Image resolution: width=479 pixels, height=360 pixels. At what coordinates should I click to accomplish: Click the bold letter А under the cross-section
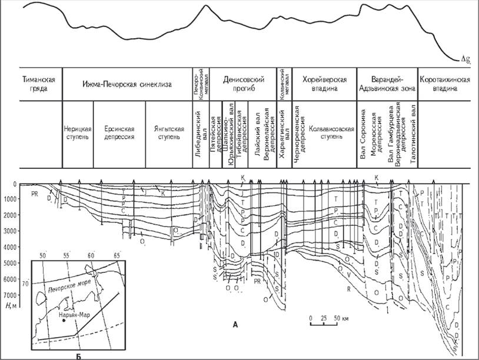(235, 324)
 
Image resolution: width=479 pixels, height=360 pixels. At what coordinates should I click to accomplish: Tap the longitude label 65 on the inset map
(117, 256)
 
